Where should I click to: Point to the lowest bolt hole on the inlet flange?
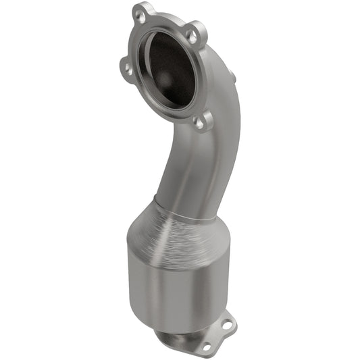(199, 122)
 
